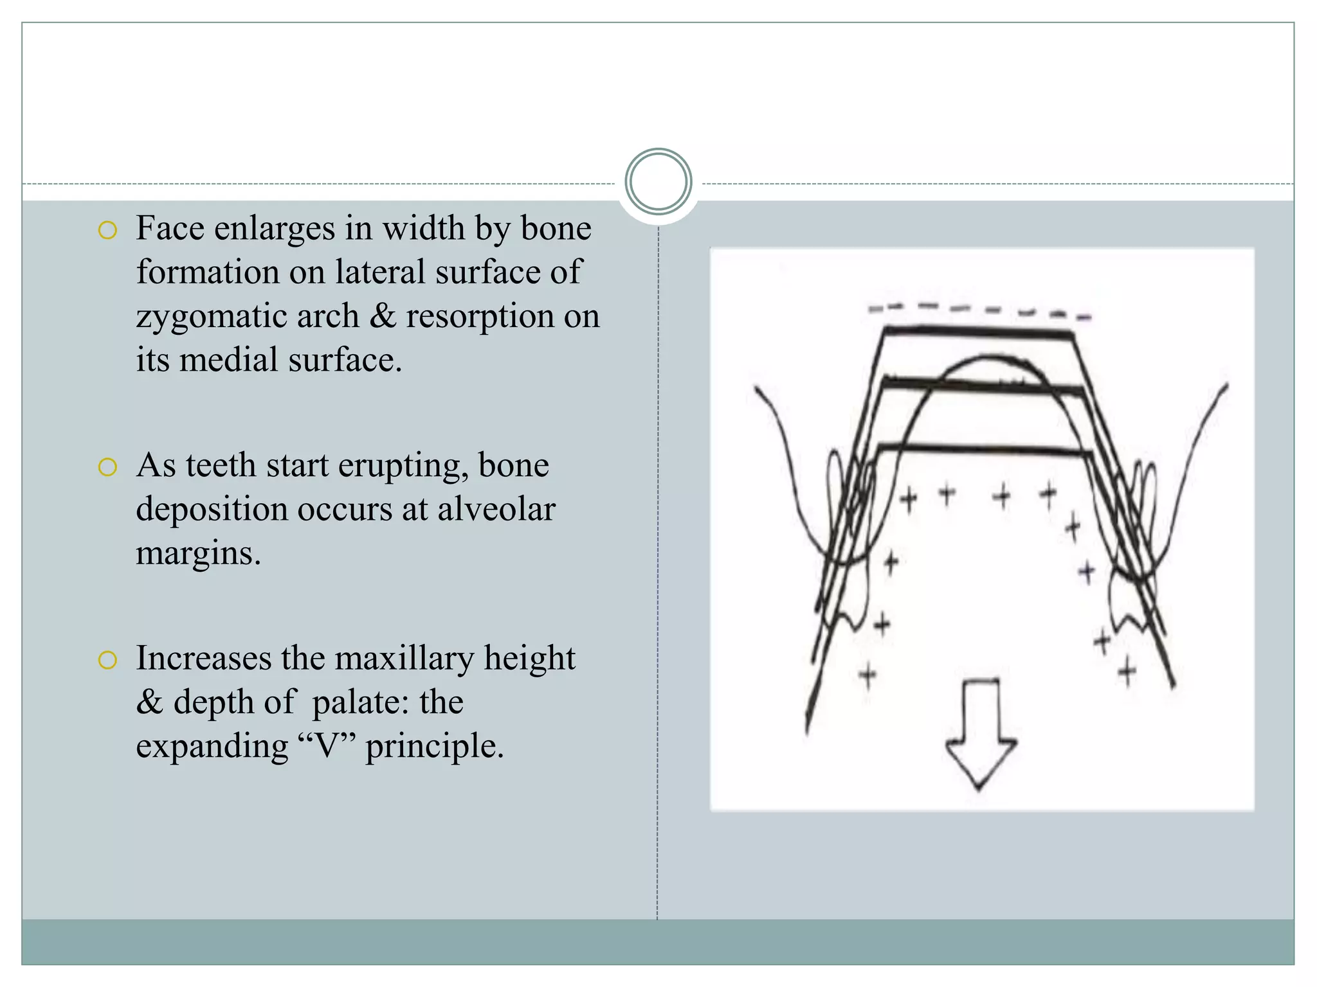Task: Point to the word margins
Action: coord(198,554)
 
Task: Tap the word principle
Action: coord(435,747)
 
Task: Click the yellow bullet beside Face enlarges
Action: coord(107,230)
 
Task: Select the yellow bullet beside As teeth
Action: coord(107,467)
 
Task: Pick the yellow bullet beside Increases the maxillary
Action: coord(107,660)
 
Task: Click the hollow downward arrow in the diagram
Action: coord(980,733)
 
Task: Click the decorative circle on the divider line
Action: coord(658,181)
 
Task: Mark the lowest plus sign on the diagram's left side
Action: coord(867,675)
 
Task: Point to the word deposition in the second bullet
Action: coord(211,510)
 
